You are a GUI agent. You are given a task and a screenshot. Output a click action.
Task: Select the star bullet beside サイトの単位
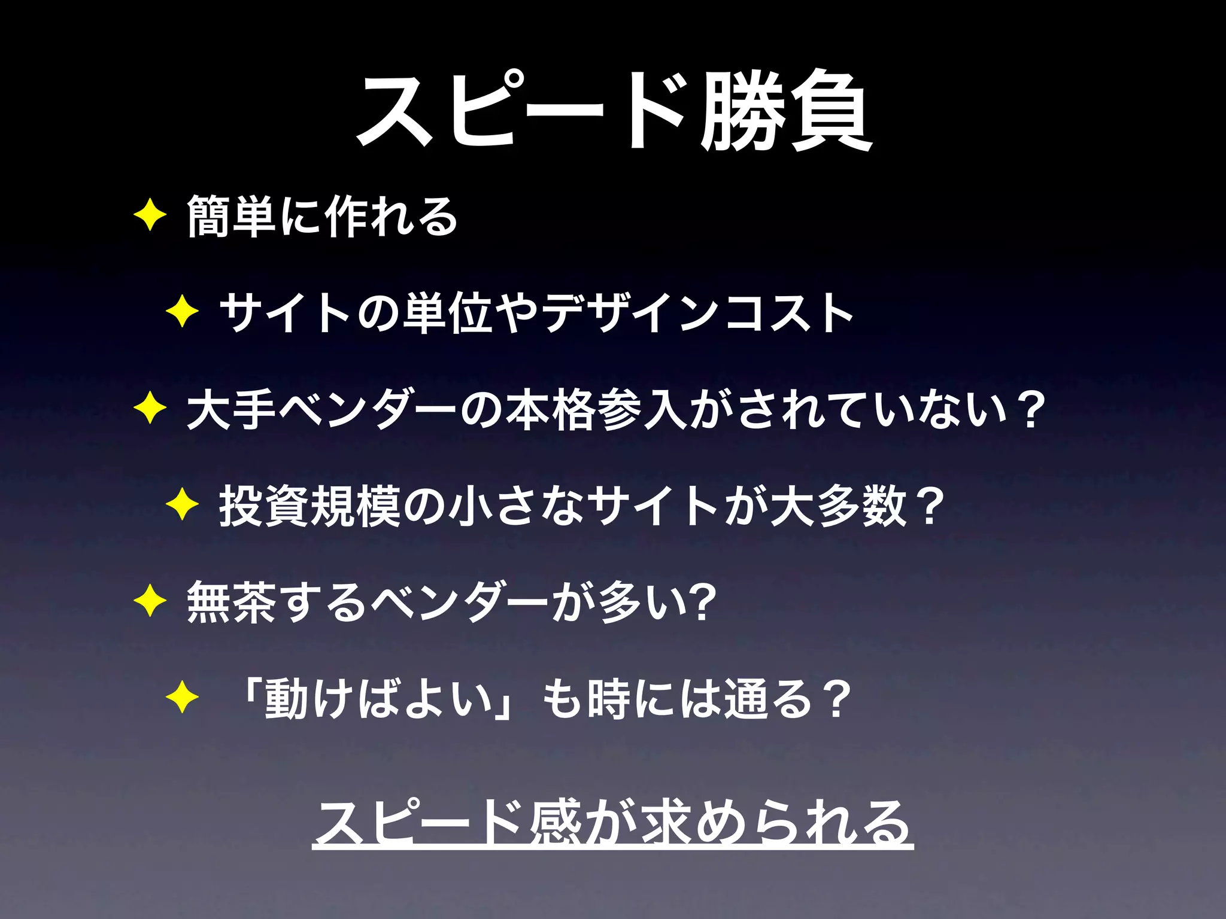(182, 312)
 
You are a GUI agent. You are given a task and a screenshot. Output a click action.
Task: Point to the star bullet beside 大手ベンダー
(150, 410)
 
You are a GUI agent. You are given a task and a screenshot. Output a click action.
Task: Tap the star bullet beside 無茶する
(150, 601)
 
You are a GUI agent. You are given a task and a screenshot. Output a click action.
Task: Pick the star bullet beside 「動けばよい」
(182, 698)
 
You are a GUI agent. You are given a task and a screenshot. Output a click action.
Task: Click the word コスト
(788, 312)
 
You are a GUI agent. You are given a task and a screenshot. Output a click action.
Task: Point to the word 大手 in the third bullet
(231, 410)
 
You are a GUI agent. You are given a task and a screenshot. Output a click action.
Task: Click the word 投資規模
(309, 507)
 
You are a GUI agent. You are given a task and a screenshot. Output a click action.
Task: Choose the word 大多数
(838, 507)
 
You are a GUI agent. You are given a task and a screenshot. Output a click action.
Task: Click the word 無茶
(231, 602)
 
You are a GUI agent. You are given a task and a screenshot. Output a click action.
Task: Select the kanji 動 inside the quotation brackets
(287, 699)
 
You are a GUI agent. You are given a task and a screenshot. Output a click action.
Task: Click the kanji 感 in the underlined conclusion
(555, 823)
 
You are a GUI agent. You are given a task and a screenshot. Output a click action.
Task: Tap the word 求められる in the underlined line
(775, 823)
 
